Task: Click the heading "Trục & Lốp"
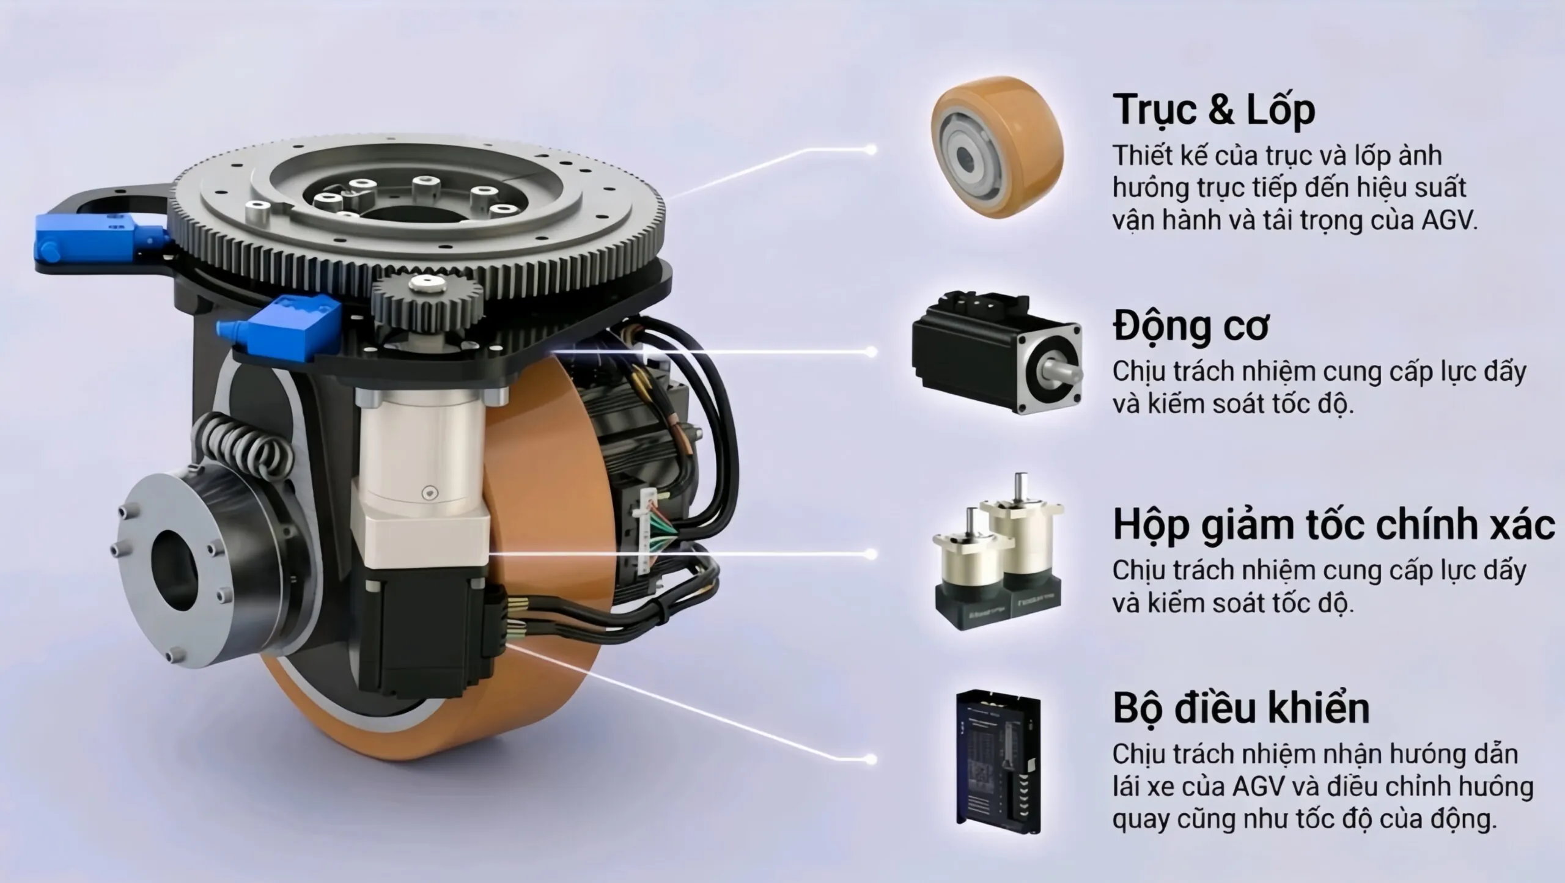pos(1213,110)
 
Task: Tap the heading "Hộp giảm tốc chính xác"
pos(1333,526)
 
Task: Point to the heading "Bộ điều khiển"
pos(1241,709)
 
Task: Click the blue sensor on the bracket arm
pos(98,239)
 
